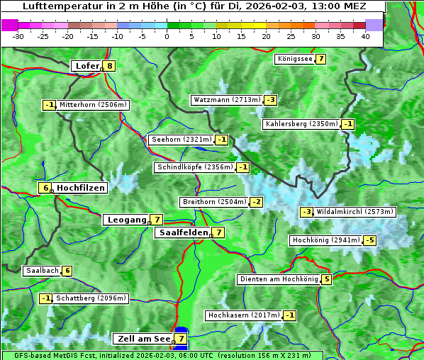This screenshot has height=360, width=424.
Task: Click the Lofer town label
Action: click(87, 66)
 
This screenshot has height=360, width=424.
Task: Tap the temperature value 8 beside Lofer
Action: click(109, 66)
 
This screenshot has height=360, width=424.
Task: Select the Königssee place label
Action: click(294, 59)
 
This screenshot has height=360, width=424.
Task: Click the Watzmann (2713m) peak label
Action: click(227, 100)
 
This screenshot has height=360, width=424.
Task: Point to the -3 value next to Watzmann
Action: click(271, 100)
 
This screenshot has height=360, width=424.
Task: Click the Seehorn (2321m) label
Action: click(182, 140)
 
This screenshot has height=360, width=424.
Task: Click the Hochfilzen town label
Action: click(81, 188)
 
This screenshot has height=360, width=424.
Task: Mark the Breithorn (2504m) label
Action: click(213, 202)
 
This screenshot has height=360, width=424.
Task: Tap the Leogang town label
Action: click(126, 220)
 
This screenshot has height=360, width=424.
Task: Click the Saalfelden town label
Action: click(184, 232)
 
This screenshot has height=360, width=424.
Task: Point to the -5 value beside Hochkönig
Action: click(370, 240)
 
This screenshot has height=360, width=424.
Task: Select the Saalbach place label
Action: click(42, 271)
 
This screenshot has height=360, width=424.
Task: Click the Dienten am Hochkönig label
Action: click(278, 279)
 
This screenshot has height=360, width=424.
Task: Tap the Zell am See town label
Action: click(143, 339)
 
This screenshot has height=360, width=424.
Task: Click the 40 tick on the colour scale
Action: click(364, 36)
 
